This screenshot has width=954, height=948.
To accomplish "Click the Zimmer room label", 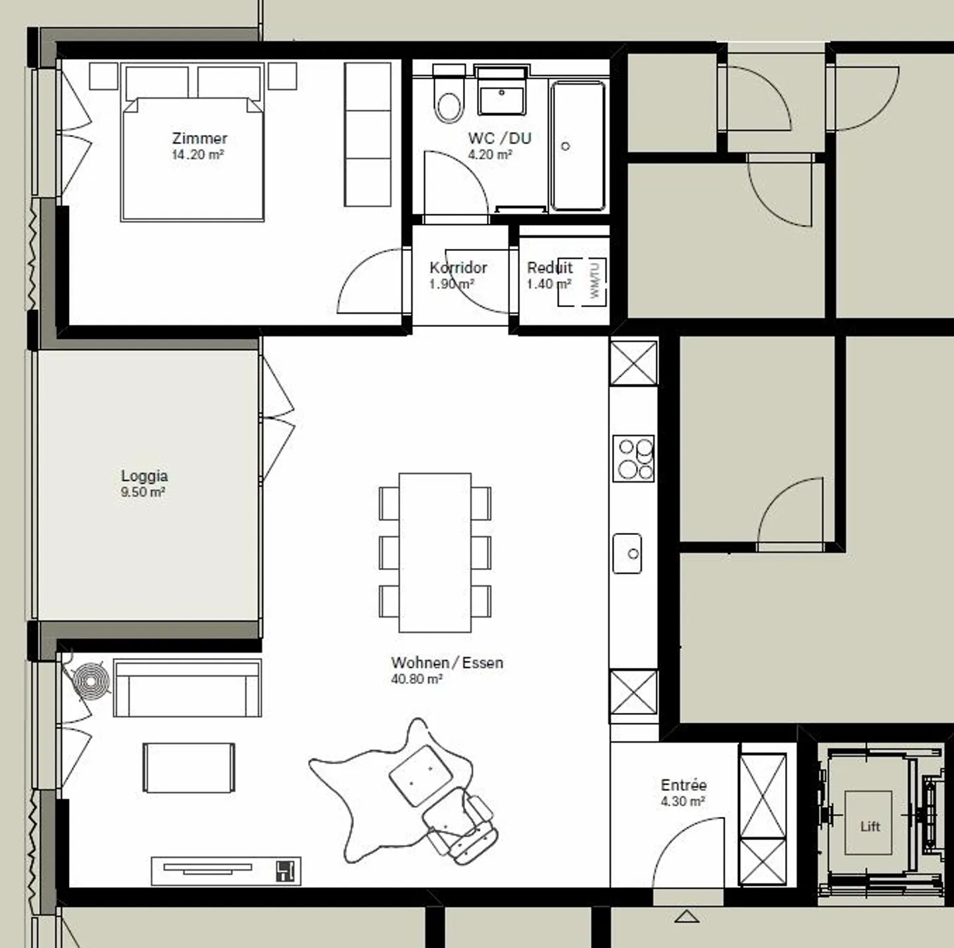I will (199, 138).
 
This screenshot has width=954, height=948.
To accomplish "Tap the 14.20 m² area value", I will (197, 155).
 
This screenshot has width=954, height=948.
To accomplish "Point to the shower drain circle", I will (565, 146).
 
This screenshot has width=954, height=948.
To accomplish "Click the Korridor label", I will (458, 267).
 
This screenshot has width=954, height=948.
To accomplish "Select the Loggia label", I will (144, 476).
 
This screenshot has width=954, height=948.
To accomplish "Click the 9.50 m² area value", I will (143, 493).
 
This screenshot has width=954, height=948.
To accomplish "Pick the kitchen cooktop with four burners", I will (633, 457).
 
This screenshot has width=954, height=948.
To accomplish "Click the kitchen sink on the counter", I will (627, 553).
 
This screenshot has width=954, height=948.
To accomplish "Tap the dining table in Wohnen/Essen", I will (435, 552).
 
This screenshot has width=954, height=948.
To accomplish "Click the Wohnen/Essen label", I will (447, 663).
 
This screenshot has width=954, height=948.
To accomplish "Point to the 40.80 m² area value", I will (417, 679).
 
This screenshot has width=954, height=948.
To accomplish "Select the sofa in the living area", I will (187, 688).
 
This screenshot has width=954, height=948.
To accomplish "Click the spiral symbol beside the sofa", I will (91, 681).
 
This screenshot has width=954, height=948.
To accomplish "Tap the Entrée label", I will (684, 785).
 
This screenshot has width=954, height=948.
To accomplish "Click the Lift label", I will (870, 826).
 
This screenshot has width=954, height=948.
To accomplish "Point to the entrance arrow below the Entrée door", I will (687, 917).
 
